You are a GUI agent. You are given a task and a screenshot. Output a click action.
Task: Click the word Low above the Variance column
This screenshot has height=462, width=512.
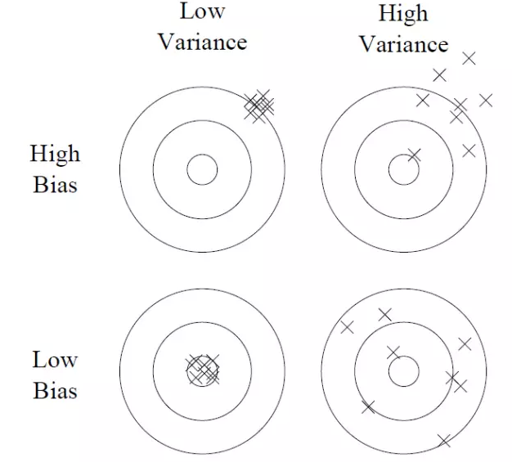point(202,11)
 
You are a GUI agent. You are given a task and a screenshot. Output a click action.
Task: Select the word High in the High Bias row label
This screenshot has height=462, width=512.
point(55,154)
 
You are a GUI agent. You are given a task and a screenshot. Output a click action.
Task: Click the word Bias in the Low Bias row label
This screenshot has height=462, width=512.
point(55,390)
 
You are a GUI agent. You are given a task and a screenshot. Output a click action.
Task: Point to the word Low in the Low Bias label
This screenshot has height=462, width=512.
point(55,359)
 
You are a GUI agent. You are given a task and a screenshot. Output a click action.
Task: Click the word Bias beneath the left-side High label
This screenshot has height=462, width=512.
point(55,184)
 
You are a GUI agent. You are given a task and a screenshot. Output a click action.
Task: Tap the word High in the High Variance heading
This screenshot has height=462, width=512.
point(403,13)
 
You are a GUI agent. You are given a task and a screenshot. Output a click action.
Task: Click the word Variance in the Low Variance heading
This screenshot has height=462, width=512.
point(202,41)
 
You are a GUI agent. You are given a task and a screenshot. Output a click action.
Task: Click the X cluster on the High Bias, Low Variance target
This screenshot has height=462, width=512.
point(259,105)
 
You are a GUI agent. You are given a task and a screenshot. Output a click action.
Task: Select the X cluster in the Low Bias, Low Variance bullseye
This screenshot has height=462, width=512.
point(202,369)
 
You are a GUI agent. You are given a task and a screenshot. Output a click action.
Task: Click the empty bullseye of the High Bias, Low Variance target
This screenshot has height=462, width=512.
point(202,170)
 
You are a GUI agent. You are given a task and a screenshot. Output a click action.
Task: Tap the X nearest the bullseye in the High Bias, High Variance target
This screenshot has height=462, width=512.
point(414,154)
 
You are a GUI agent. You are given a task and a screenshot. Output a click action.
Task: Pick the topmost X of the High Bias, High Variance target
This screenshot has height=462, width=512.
point(469,57)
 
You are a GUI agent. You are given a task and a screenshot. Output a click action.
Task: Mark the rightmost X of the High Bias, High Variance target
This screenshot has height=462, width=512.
point(486,100)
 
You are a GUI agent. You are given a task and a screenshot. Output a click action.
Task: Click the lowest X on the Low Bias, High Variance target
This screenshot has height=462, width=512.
point(444,441)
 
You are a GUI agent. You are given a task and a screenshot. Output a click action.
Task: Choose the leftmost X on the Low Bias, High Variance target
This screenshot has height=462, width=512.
point(347,327)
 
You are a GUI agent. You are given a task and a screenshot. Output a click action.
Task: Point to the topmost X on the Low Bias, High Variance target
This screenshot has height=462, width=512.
point(384,313)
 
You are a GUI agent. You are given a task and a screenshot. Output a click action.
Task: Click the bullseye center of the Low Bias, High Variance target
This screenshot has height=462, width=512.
point(403,372)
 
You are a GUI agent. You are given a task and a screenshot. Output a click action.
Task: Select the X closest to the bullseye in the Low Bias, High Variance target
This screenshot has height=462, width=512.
point(393,352)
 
